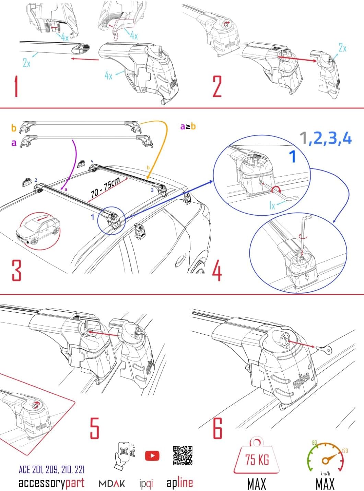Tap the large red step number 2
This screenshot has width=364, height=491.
pos(217,86)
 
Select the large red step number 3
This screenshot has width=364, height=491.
pos(16,270)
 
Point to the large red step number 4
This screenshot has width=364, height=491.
pos(217,270)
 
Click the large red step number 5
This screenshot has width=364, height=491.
pos(94,428)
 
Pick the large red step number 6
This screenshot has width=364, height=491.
pos(218,428)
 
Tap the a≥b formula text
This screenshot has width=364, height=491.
pos(188,127)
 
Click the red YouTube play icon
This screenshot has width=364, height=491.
pos(152,456)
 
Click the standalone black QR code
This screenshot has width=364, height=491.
pos(183,456)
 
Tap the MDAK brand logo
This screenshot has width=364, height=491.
pos(112,484)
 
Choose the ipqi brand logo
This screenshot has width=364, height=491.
pos(146,484)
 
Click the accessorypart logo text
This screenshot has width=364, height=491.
pos(51,483)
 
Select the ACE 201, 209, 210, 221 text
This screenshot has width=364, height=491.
pos(51,469)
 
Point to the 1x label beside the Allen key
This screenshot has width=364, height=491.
pos(272,205)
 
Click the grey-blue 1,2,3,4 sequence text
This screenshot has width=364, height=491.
pos(325,138)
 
